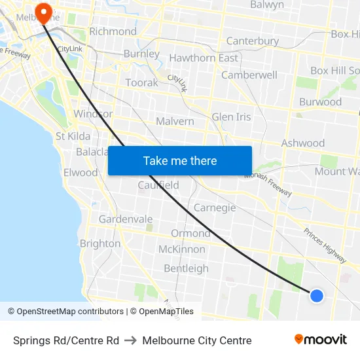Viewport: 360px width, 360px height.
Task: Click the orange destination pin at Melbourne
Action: click(44, 12)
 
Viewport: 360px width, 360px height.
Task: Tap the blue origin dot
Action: click(317, 296)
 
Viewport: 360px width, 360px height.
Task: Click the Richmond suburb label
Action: click(113, 31)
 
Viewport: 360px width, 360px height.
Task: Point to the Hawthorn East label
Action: click(204, 58)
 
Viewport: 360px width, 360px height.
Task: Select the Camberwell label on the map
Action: click(249, 75)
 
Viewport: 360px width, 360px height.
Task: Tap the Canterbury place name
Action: click(253, 41)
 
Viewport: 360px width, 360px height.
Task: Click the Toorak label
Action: click(141, 83)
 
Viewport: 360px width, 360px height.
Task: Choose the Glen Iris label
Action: click(231, 117)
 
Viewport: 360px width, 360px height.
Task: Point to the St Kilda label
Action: click(73, 136)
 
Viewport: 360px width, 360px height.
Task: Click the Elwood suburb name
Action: click(81, 173)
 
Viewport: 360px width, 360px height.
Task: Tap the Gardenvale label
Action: click(126, 219)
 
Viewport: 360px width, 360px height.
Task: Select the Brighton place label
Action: click(100, 243)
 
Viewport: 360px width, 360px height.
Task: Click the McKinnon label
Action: click(182, 249)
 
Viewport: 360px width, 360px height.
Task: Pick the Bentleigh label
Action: click(186, 268)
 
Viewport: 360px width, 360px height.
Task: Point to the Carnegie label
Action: click(215, 208)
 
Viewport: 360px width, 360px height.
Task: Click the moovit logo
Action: click(321, 340)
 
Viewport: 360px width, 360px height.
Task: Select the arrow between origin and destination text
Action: click(130, 340)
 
